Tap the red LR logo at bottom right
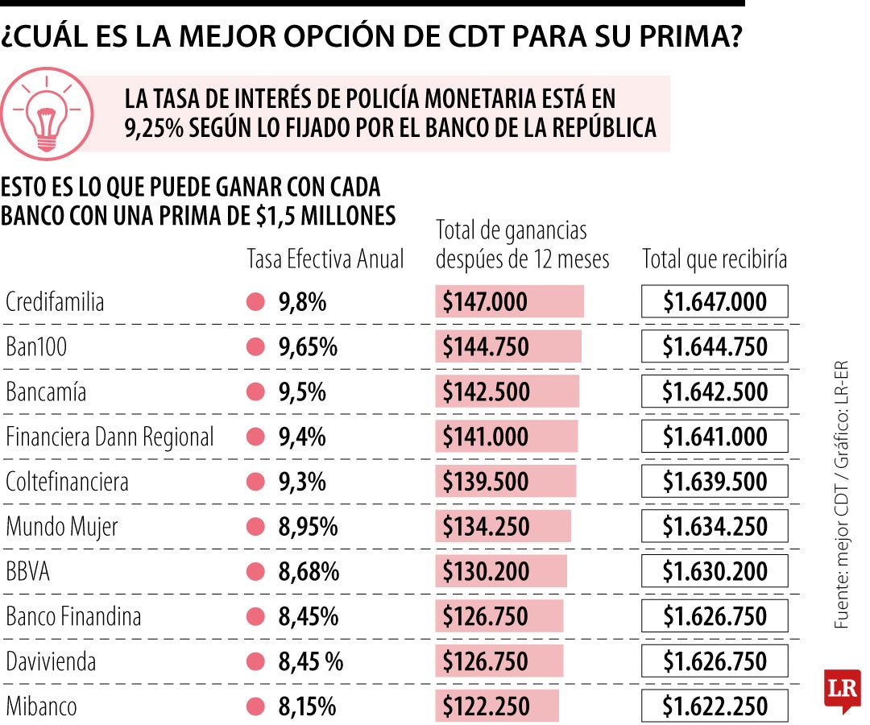click(843, 690)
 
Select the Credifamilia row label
click(55, 302)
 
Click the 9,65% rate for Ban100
click(308, 347)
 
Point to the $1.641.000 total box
click(715, 437)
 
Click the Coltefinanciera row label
click(68, 482)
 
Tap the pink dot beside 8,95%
click(256, 527)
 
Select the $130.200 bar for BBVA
click(501, 572)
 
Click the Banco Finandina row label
click(73, 617)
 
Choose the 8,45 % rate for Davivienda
click(311, 662)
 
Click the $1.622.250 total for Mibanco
click(715, 706)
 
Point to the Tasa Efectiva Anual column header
click(325, 259)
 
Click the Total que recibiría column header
click(715, 259)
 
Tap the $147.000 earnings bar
click(509, 302)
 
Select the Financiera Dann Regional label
click(110, 437)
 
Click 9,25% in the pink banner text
click(155, 128)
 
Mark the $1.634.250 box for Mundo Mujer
click(715, 527)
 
